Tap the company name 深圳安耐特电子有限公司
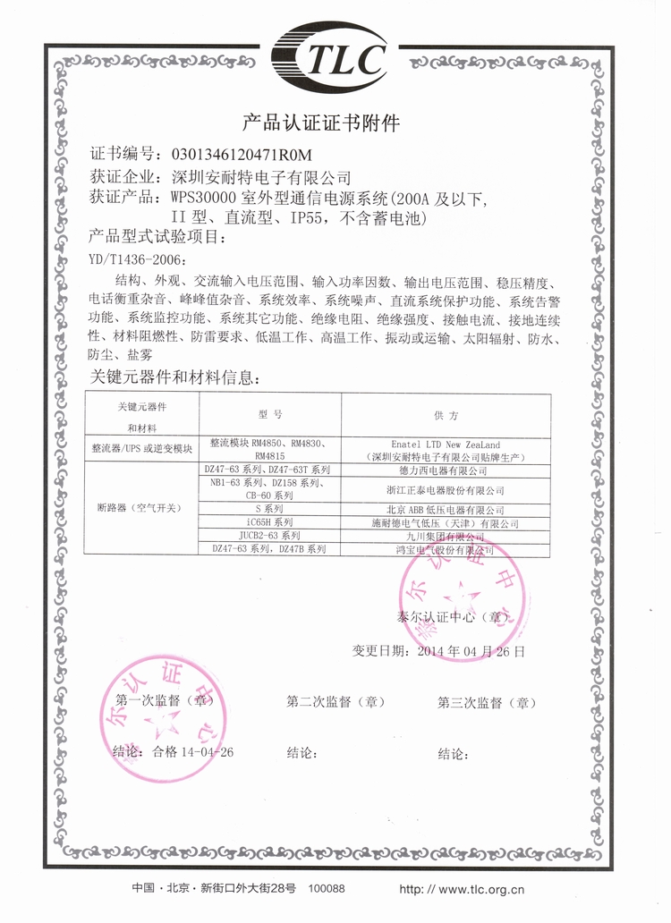click(x=259, y=177)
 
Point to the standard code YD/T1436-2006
click(x=139, y=259)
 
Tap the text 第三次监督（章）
click(x=487, y=702)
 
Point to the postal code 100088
click(x=326, y=888)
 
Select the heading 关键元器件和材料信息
click(x=178, y=377)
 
